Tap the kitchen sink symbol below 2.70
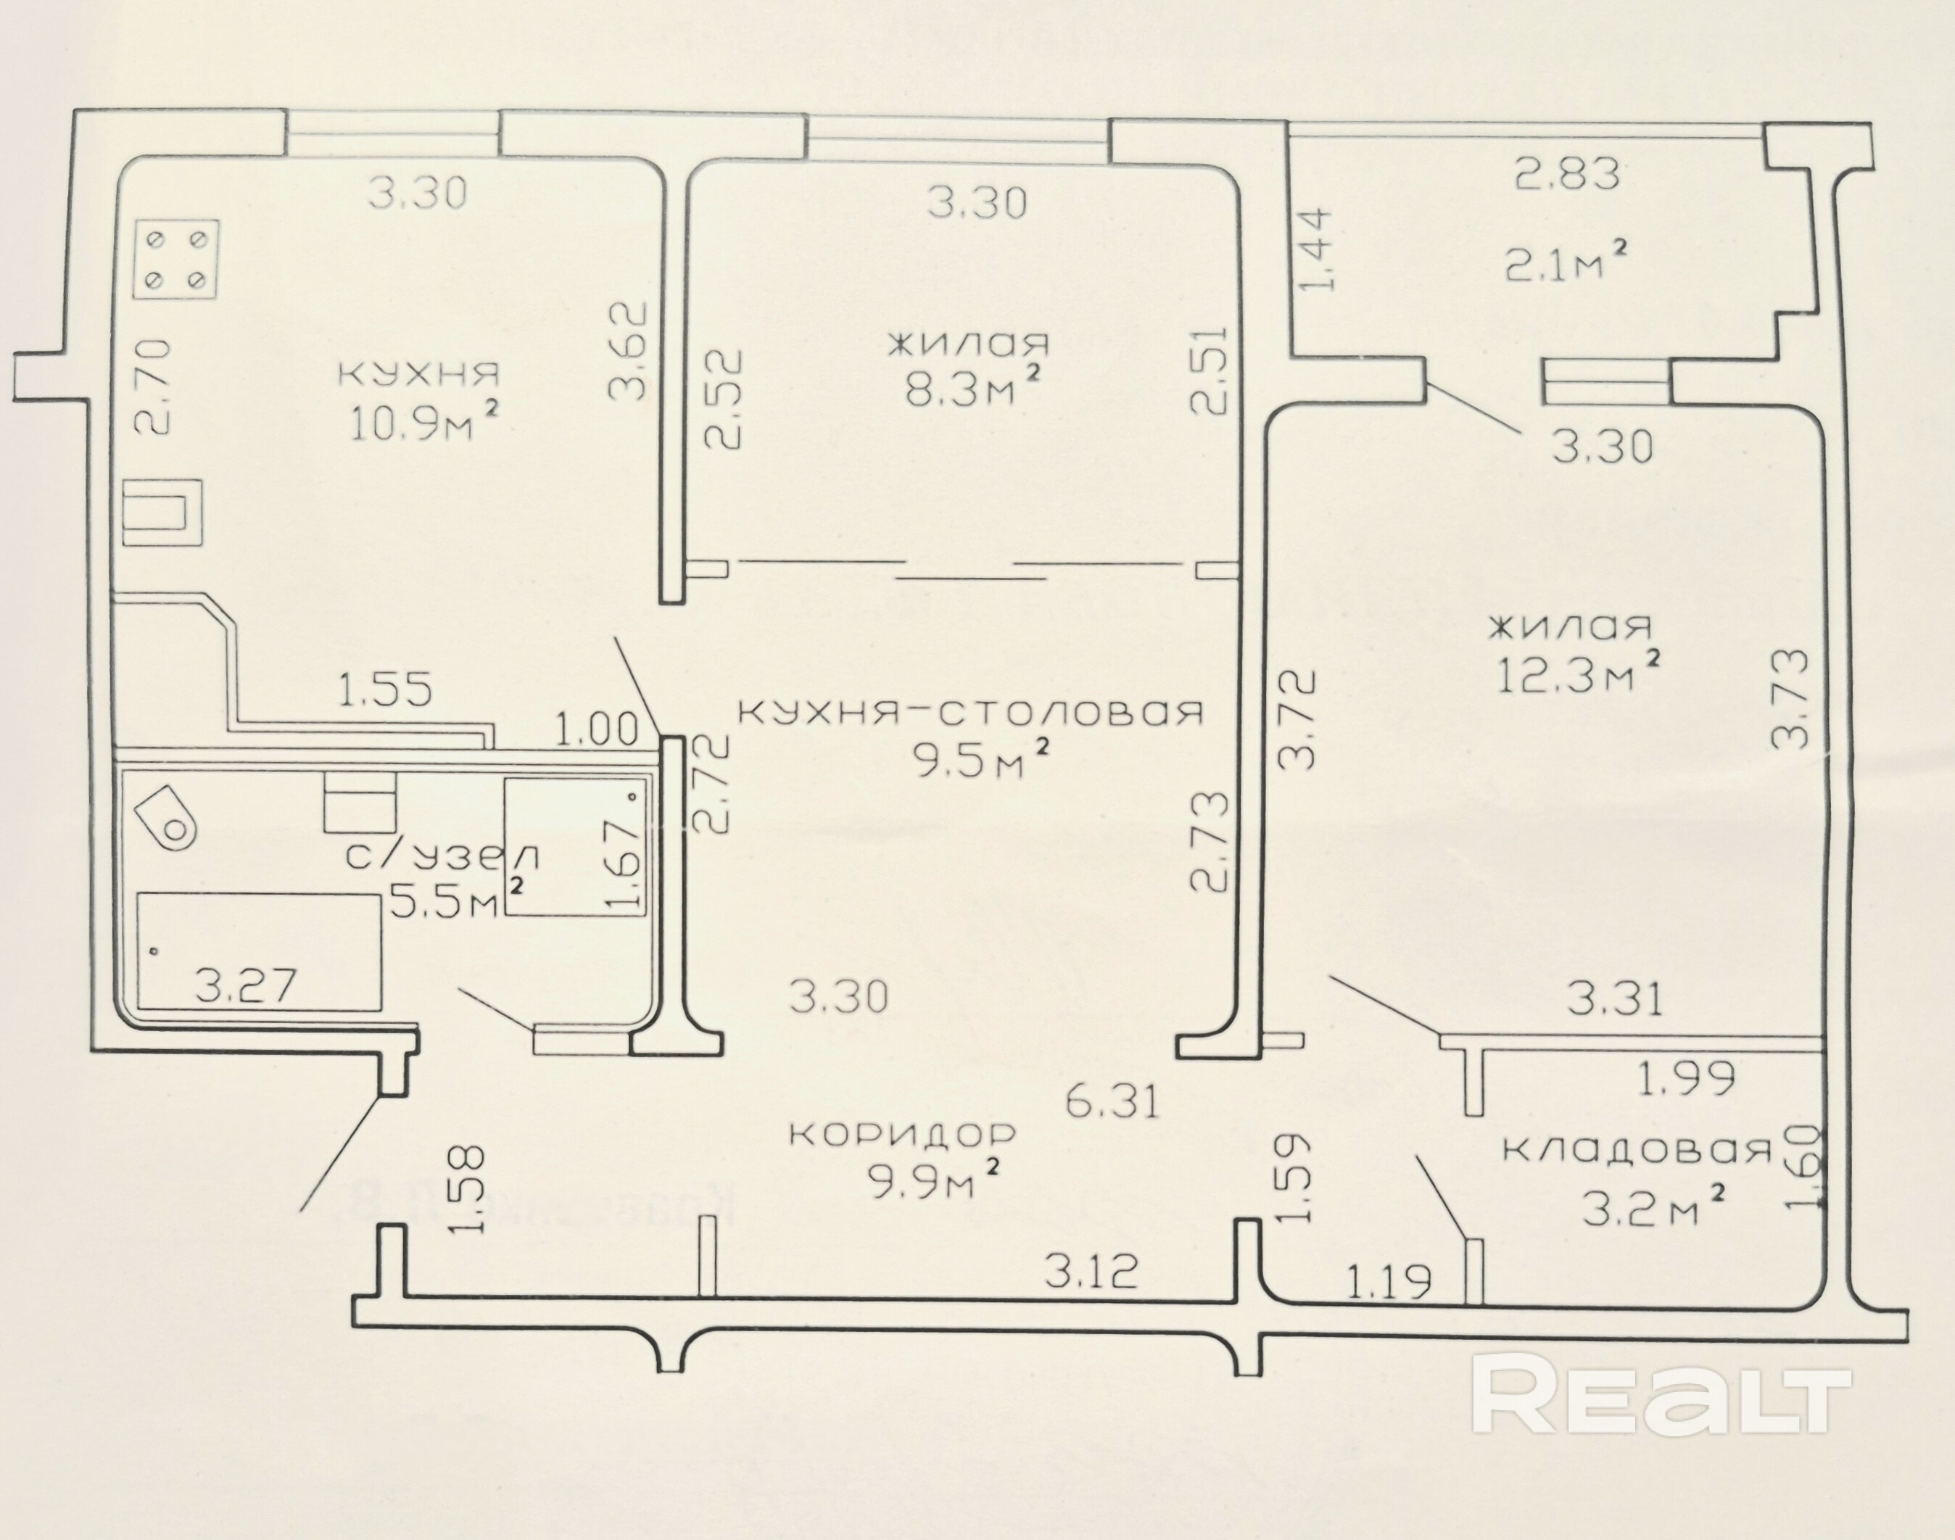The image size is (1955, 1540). [x=162, y=511]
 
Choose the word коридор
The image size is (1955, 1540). [x=902, y=1133]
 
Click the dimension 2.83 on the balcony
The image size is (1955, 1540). [x=1567, y=174]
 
